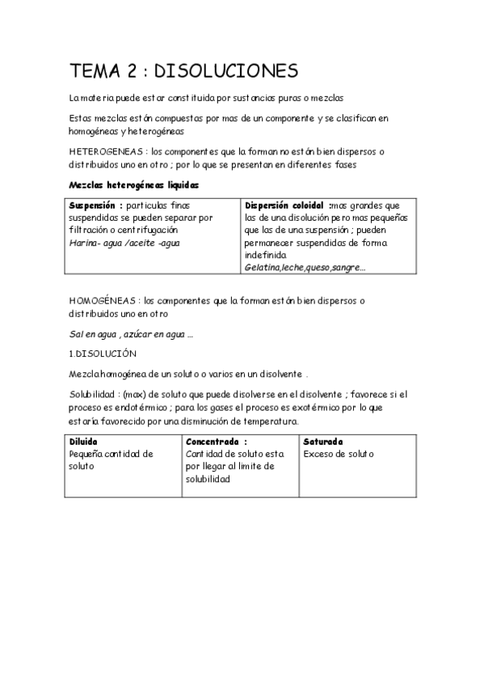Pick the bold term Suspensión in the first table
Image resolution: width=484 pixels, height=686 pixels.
(94, 205)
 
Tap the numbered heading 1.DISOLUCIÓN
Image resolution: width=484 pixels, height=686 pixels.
(103, 354)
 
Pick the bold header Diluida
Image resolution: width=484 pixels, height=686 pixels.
(83, 442)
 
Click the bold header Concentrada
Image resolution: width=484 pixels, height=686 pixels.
(213, 442)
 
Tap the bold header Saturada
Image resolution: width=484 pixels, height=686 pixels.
(323, 442)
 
